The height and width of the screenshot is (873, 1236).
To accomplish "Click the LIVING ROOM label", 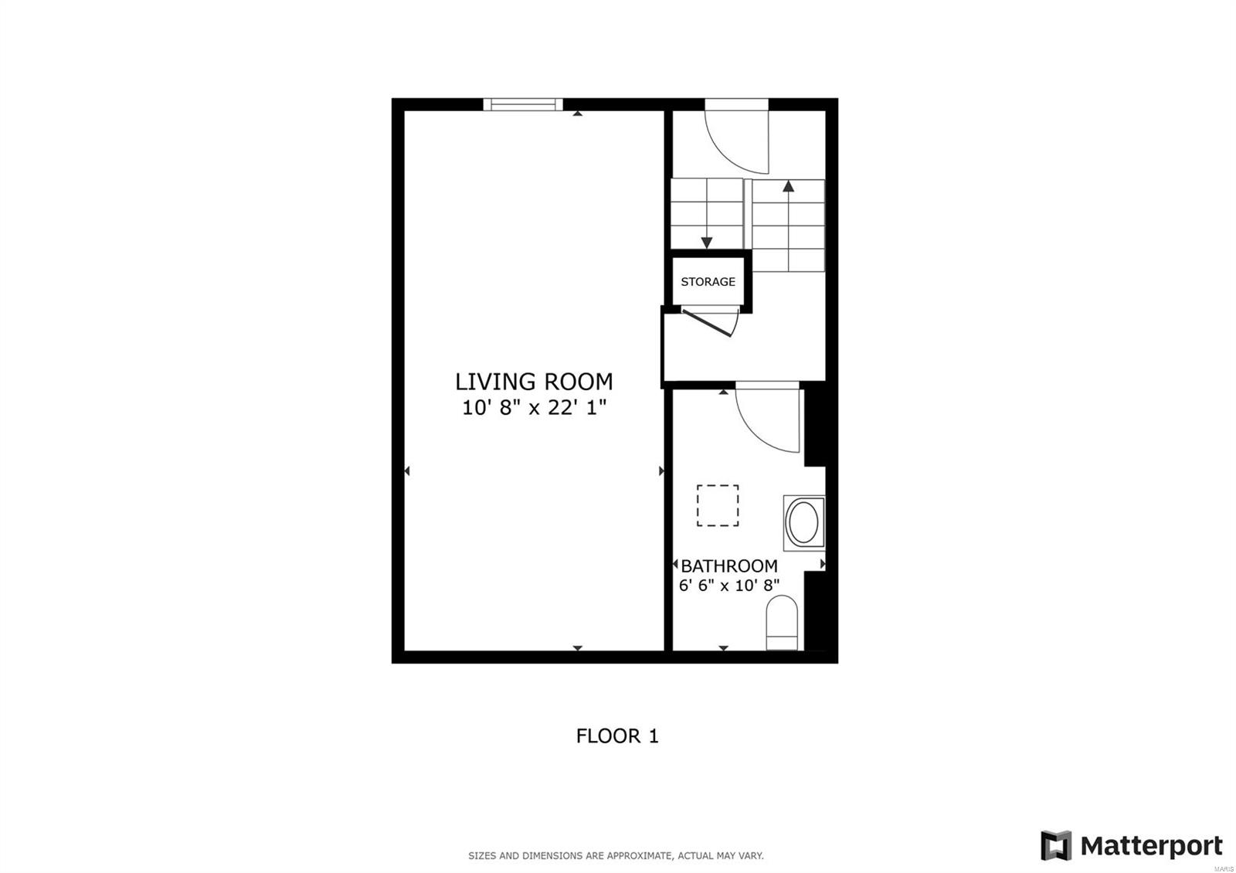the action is click(x=534, y=382).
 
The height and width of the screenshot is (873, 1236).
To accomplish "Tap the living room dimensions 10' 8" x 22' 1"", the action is click(x=534, y=408).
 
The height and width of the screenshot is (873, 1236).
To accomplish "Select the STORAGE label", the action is click(x=708, y=282).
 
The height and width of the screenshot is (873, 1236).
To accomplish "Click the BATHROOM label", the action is click(x=729, y=566).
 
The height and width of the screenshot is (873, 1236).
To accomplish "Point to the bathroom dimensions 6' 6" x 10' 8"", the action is click(x=729, y=585).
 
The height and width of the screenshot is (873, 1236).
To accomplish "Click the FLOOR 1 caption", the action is click(x=617, y=735).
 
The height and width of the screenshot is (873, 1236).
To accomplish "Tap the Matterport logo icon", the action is click(x=1056, y=845).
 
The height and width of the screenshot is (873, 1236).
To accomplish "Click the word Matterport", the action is click(x=1151, y=846).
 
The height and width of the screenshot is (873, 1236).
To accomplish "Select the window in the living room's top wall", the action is click(x=522, y=104).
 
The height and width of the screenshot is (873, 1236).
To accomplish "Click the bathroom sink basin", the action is click(x=804, y=522).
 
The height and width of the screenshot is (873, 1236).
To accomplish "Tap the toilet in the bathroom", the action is click(x=782, y=623).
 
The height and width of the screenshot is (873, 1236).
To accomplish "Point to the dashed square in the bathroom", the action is click(x=718, y=505).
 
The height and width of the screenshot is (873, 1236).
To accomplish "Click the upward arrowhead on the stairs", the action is click(x=789, y=186).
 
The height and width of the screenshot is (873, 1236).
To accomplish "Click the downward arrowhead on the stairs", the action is click(x=706, y=243).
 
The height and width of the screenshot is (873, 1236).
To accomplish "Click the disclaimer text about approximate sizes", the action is click(x=616, y=856).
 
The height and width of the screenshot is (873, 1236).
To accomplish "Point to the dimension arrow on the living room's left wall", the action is click(x=407, y=470).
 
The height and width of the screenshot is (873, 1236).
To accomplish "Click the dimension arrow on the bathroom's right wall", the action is click(x=823, y=564).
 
